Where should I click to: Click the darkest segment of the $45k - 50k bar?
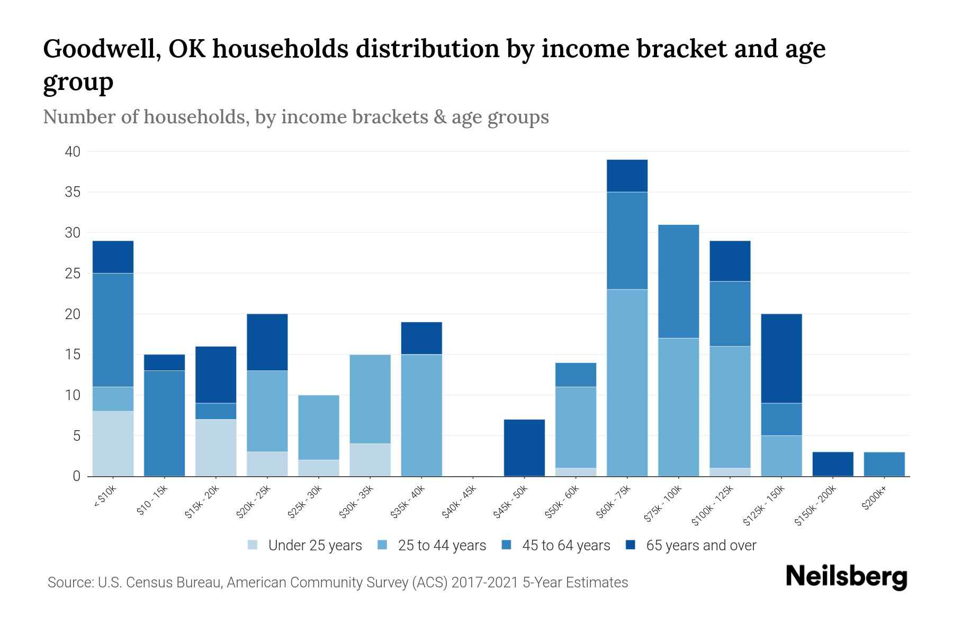pyautogui.click(x=524, y=448)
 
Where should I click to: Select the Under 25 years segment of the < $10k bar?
pyautogui.click(x=113, y=443)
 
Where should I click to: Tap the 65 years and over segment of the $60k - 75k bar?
pyautogui.click(x=627, y=176)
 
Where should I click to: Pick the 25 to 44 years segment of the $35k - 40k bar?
pyautogui.click(x=421, y=415)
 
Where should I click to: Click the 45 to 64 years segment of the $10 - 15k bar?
pyautogui.click(x=164, y=423)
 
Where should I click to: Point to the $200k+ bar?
pyautogui.click(x=884, y=464)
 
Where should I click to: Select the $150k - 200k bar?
pyautogui.click(x=832, y=464)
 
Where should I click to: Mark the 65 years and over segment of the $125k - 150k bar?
pyautogui.click(x=781, y=358)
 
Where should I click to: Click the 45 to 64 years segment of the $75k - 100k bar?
pyautogui.click(x=678, y=281)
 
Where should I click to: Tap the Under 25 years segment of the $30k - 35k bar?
pyautogui.click(x=370, y=460)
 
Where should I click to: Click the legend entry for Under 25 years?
pyautogui.click(x=314, y=546)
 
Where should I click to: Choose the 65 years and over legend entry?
pyautogui.click(x=700, y=546)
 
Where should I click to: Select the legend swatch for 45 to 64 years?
pyautogui.click(x=506, y=545)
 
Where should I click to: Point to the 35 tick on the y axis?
pyautogui.click(x=73, y=192)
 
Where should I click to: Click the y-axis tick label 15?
pyautogui.click(x=73, y=355)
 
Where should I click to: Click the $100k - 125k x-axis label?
pyautogui.click(x=713, y=505)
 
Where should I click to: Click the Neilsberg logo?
pyautogui.click(x=846, y=577)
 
